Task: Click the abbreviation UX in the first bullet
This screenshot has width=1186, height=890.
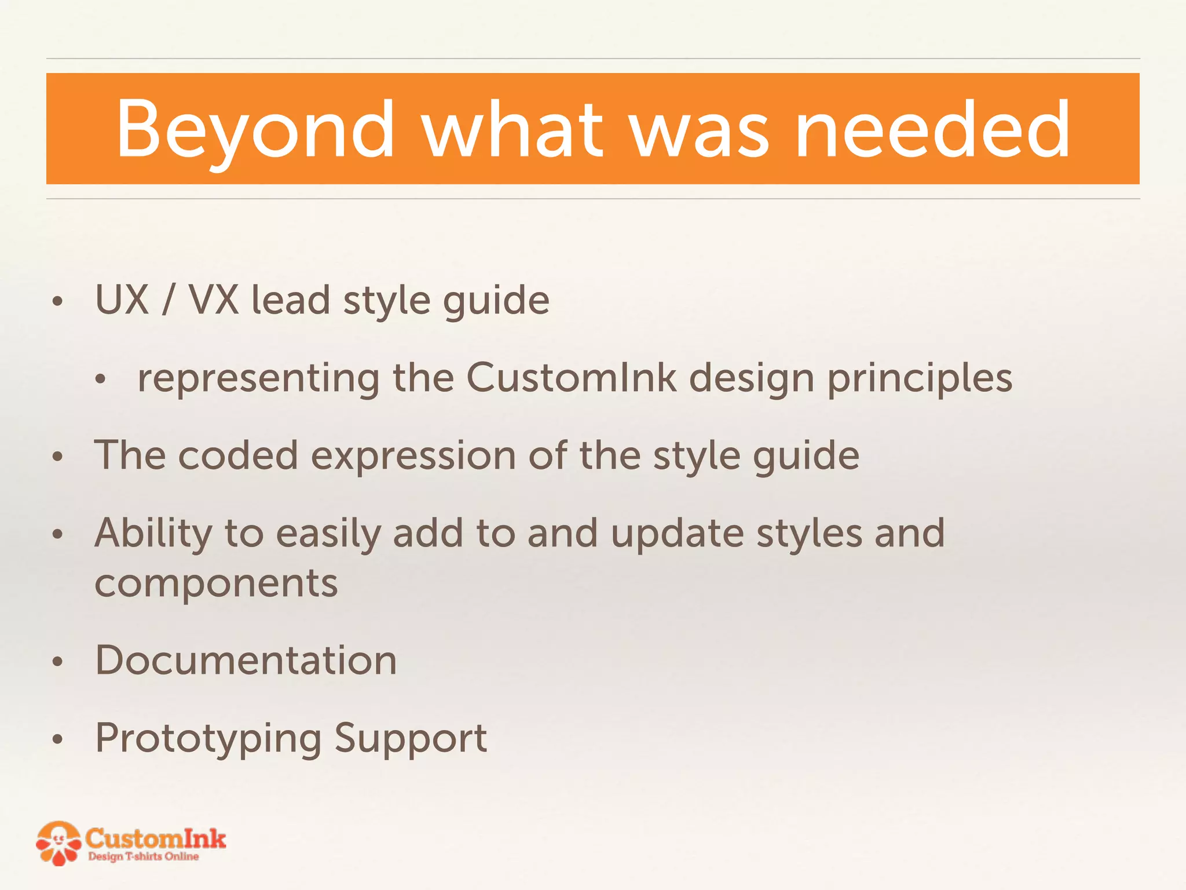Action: point(122,300)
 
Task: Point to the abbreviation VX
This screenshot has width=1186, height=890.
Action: point(214,300)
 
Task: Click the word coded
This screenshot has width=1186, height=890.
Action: point(238,455)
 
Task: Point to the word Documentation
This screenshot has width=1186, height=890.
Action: point(246,661)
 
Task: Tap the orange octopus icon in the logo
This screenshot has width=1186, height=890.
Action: point(58,844)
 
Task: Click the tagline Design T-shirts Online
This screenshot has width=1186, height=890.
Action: point(143,856)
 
